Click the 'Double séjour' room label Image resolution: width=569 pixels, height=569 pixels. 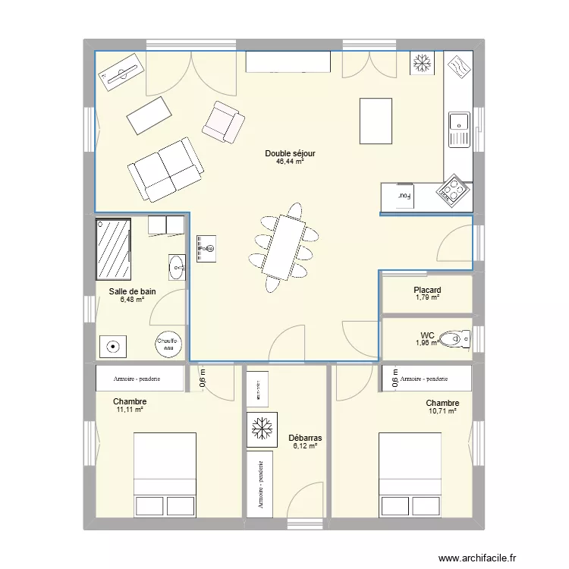click(x=290, y=153)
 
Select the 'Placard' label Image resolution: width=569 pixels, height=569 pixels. click(x=427, y=290)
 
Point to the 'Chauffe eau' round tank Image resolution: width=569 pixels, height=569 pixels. click(x=168, y=345)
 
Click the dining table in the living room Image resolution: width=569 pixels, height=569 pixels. click(x=285, y=247)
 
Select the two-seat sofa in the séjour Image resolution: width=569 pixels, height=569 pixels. click(x=165, y=170)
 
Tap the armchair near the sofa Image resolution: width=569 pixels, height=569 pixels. click(x=223, y=122)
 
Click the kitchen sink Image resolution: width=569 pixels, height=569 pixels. click(x=458, y=124)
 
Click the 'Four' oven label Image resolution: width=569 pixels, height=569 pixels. click(x=404, y=195)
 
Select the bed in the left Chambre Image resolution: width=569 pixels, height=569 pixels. click(x=165, y=475)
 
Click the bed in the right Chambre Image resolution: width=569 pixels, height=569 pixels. click(x=410, y=475)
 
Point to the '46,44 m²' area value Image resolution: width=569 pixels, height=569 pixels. click(x=290, y=162)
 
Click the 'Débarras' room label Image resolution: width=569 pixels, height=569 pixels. click(x=306, y=438)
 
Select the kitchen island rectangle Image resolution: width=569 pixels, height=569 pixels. click(x=376, y=121)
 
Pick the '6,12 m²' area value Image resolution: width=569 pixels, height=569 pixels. click(x=306, y=446)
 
